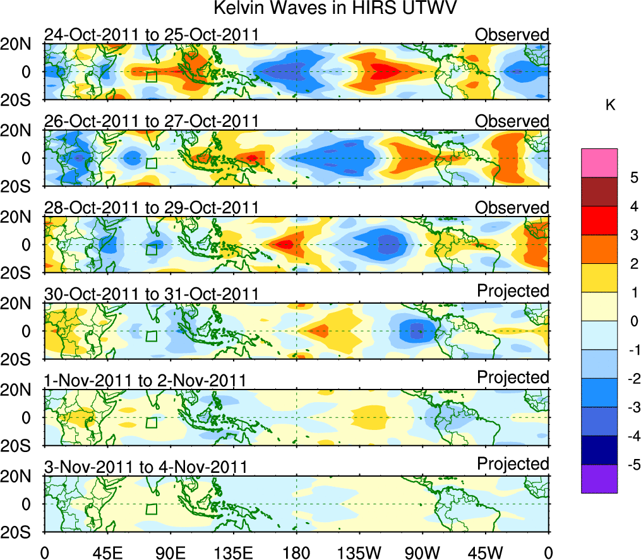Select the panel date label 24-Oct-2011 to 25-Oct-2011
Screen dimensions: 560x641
tap(151, 34)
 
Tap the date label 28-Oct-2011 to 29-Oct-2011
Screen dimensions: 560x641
tap(151, 207)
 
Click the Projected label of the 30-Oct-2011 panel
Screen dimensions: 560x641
tap(512, 290)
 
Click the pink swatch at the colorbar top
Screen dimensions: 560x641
tap(599, 163)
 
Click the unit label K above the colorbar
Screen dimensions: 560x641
tap(610, 105)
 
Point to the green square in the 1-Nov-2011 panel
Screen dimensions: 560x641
tap(151, 423)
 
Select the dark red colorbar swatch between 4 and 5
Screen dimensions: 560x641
tap(599, 192)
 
